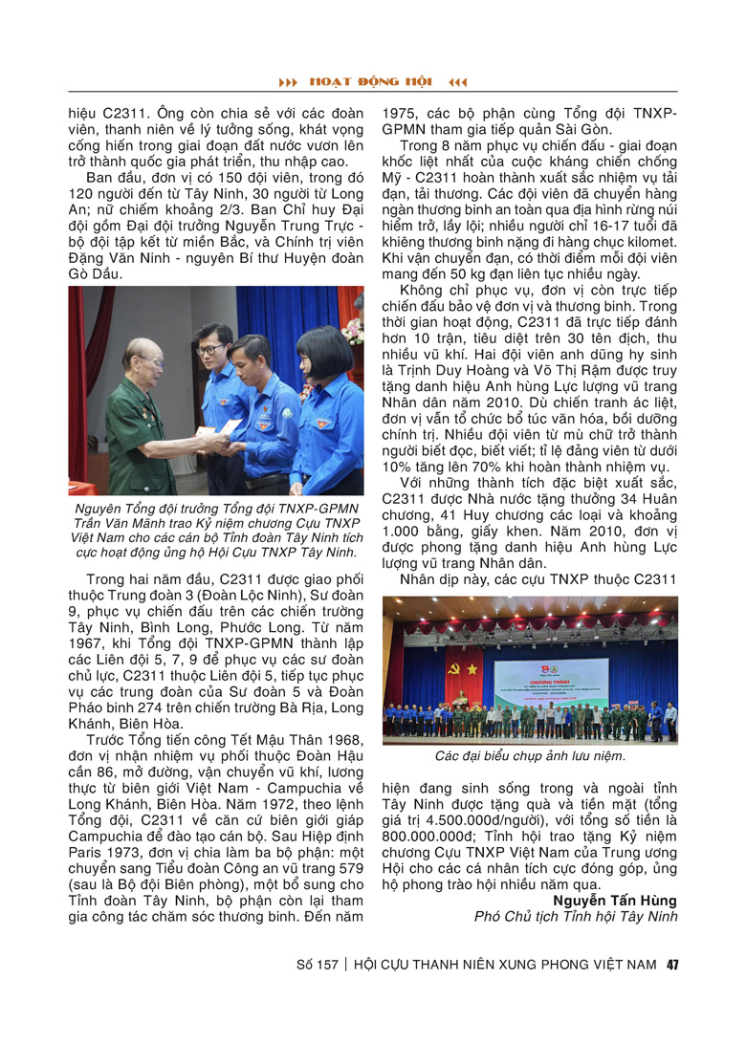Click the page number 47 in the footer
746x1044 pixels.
672,964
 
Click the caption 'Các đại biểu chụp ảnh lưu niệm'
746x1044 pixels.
529,756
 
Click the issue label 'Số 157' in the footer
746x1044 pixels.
318,964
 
